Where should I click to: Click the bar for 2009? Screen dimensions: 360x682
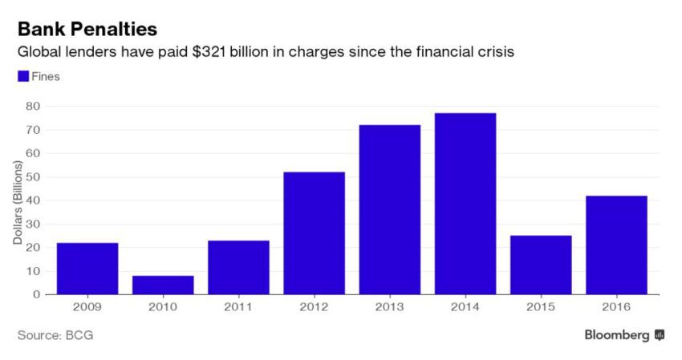point(87,268)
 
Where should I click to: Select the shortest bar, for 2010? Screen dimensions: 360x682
point(163,285)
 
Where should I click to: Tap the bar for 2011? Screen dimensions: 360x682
point(238,267)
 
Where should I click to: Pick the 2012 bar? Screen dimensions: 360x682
point(314,233)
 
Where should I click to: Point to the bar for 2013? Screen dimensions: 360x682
point(390,209)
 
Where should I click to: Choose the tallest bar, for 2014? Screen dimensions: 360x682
point(465,204)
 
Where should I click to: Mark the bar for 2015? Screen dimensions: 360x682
point(541,265)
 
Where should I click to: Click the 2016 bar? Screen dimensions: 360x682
point(616,245)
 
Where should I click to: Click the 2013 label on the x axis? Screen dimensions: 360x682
point(390,307)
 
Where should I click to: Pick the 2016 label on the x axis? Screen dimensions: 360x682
point(616,307)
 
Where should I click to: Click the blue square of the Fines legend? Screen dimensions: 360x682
point(22,76)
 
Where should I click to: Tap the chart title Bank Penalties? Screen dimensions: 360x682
point(87,29)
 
